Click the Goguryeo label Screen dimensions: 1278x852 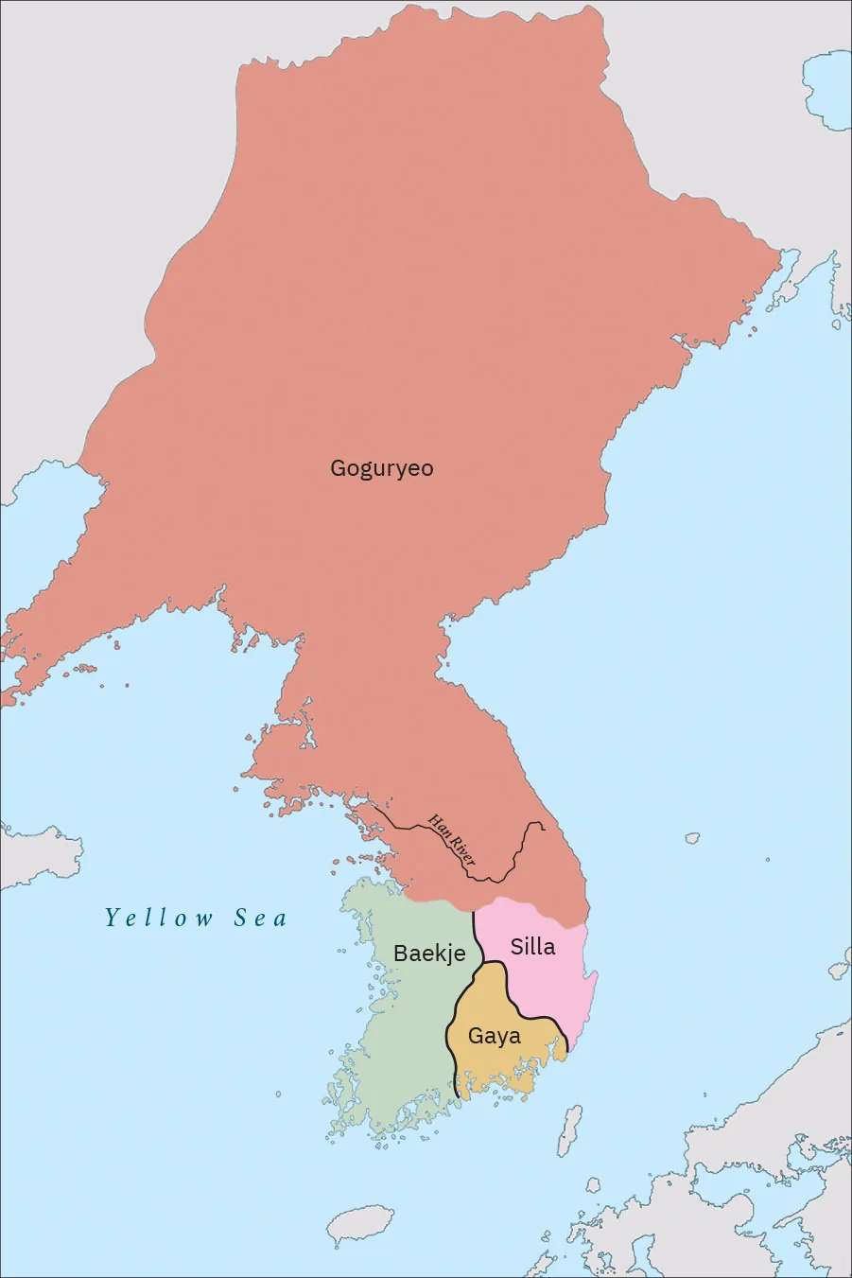381,468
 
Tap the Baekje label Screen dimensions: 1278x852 429,953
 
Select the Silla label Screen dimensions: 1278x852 532,946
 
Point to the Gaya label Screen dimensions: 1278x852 494,1036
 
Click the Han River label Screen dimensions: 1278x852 452,840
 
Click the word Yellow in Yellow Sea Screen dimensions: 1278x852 160,918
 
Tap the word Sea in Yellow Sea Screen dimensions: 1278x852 260,918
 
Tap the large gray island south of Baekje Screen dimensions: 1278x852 360,1225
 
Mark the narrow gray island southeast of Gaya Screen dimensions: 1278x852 569,1130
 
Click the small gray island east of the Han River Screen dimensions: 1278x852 692,838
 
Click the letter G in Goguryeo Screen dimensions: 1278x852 338,468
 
